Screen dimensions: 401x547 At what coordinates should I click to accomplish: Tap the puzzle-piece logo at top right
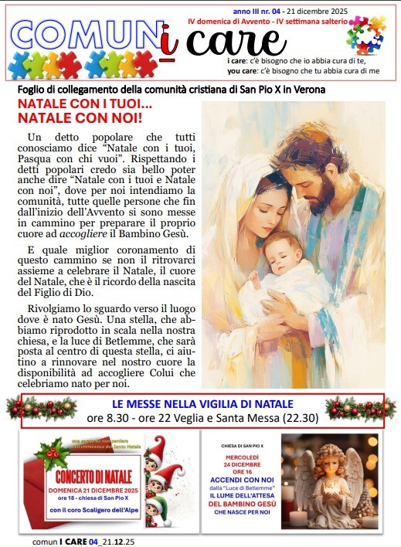click(x=365, y=35)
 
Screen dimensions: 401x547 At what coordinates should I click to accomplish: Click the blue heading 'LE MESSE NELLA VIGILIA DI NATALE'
click(x=202, y=404)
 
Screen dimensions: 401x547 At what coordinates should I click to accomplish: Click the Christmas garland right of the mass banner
click(x=355, y=408)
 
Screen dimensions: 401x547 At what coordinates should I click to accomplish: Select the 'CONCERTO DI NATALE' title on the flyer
click(x=93, y=475)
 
